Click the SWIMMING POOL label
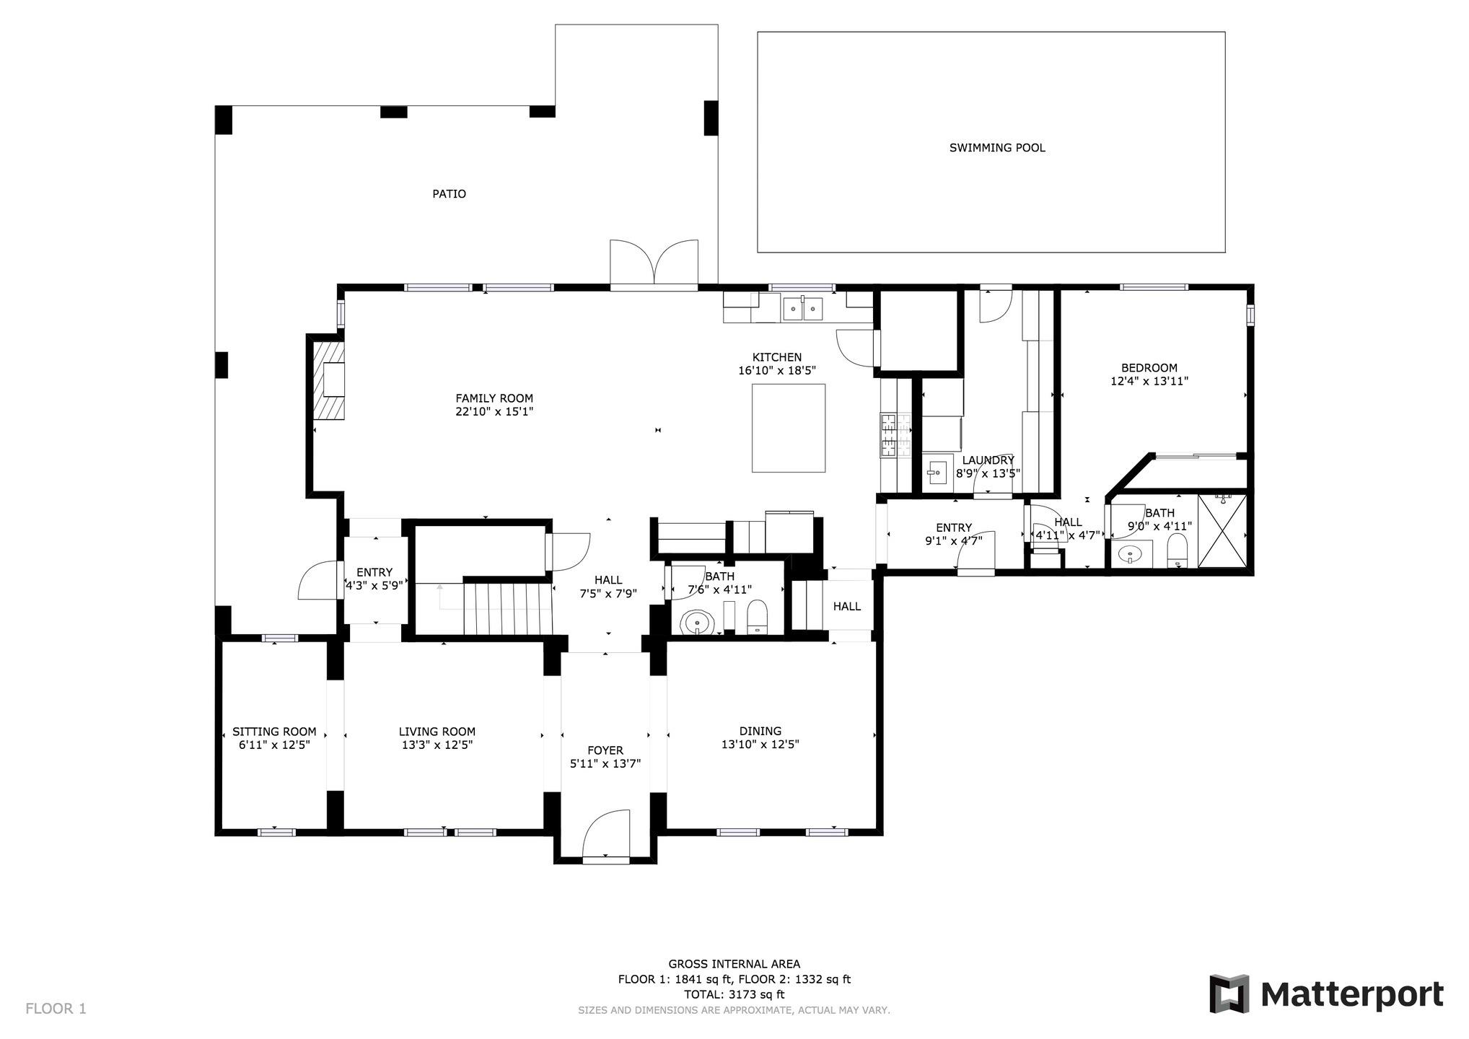[x=997, y=148]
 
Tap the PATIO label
[x=449, y=194]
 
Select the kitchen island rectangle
[x=789, y=428]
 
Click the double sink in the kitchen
[x=803, y=308]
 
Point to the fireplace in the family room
[x=328, y=380]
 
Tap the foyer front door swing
[x=605, y=835]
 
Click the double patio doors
[x=654, y=263]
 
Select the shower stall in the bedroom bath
[x=1222, y=530]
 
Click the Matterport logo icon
[x=1229, y=994]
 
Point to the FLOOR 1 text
[x=56, y=1009]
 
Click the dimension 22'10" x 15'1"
[x=494, y=412]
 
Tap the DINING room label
[x=760, y=731]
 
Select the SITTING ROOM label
[x=274, y=732]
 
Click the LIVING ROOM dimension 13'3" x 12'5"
[x=437, y=745]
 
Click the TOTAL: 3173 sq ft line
[x=734, y=994]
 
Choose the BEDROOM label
[x=1149, y=368]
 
